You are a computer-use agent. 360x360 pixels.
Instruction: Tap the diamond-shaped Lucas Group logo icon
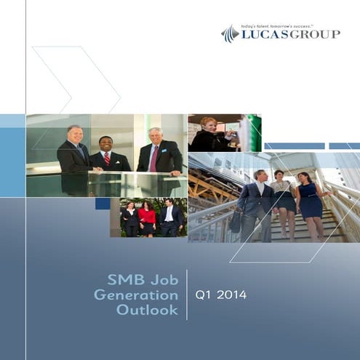pyautogui.click(x=231, y=33)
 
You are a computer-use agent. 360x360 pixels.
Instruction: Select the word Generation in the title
pyautogui.click(x=136, y=295)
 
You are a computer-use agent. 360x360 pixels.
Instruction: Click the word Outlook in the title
pyautogui.click(x=147, y=311)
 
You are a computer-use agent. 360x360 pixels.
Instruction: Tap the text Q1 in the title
pyautogui.click(x=204, y=295)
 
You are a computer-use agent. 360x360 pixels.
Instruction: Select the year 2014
pyautogui.click(x=232, y=295)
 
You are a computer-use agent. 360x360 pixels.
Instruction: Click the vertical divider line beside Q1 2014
pyautogui.click(x=187, y=295)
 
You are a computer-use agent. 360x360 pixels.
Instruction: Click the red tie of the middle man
pyautogui.click(x=107, y=158)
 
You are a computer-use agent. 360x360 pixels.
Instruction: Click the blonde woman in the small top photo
pyautogui.click(x=211, y=134)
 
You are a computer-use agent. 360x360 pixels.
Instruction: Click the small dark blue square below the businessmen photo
pyautogui.click(x=103, y=204)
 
